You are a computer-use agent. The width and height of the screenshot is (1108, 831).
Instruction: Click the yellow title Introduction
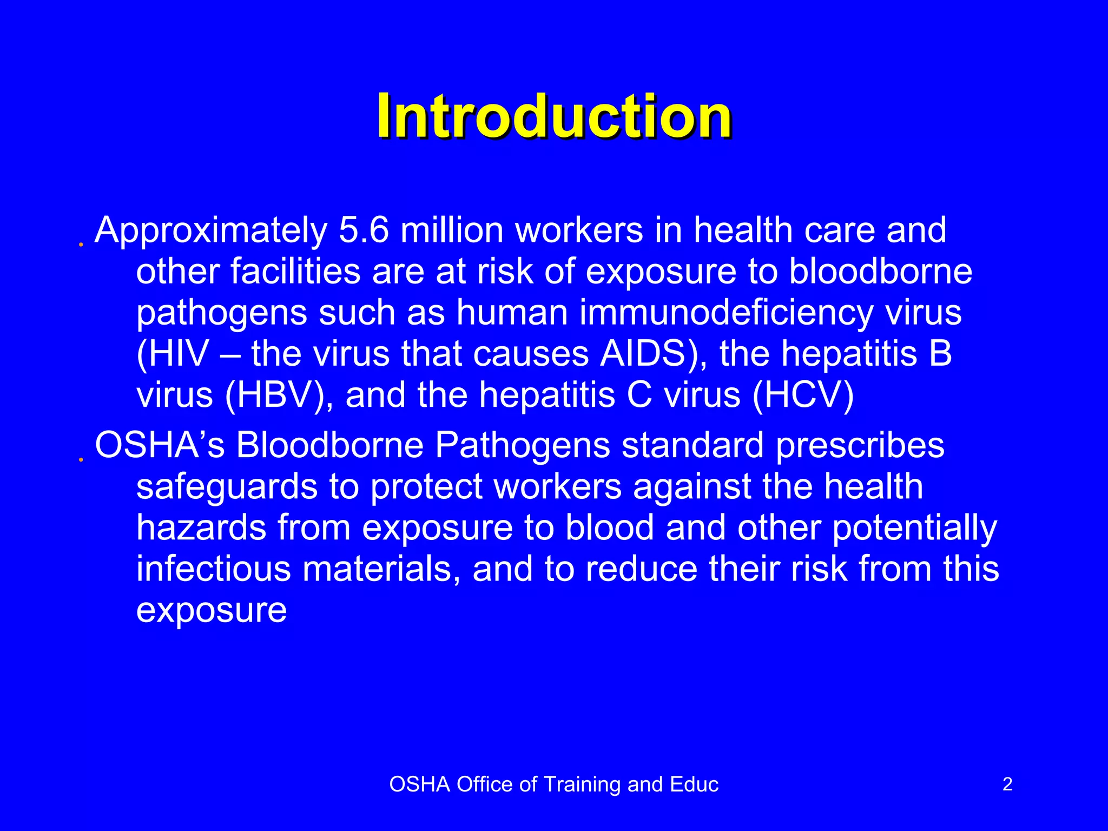point(554,116)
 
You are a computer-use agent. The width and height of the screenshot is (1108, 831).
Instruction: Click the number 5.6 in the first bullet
point(364,230)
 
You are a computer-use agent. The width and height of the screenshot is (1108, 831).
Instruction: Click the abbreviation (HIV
point(173,354)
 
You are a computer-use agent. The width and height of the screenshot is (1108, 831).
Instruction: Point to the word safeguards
point(227,486)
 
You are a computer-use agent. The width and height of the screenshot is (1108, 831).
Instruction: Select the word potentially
point(914,529)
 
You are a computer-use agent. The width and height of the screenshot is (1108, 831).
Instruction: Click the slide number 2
point(1007,784)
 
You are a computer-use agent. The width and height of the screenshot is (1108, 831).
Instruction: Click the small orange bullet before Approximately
point(81,245)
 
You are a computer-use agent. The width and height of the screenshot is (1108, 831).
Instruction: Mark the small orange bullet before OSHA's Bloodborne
point(81,460)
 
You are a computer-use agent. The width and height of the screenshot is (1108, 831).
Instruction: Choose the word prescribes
point(860,446)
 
